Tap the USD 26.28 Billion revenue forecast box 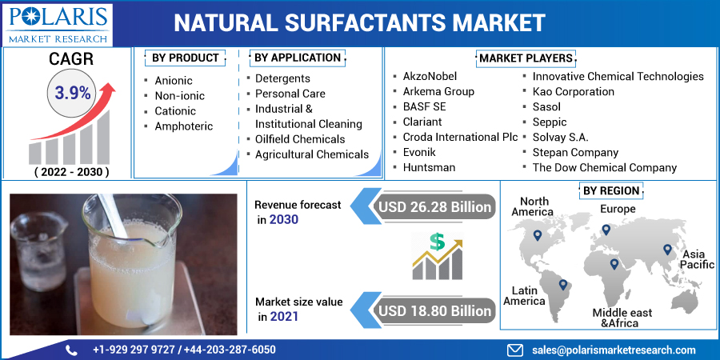pos(434,207)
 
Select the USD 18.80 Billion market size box pos(434,310)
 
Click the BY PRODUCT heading pos(185,58)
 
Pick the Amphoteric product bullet pos(184,126)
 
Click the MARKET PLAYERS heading pos(526,58)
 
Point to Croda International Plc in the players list pos(460,137)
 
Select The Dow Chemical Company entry pos(605,167)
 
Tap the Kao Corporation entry pos(574,91)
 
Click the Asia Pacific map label pos(697,259)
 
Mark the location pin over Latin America pos(563,284)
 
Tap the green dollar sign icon pos(437,242)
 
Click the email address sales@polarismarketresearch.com pos(613,350)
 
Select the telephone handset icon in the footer pos(71,350)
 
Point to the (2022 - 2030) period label pos(71,172)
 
